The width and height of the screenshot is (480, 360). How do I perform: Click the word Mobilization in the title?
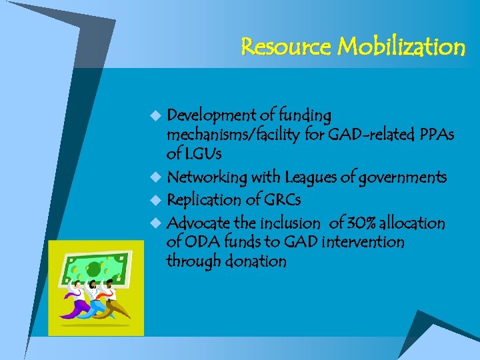pos(402,47)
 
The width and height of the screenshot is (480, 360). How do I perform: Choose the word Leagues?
pos(313,178)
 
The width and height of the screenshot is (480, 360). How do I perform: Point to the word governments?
pos(403,178)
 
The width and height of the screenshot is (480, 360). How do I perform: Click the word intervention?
pos(363,242)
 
